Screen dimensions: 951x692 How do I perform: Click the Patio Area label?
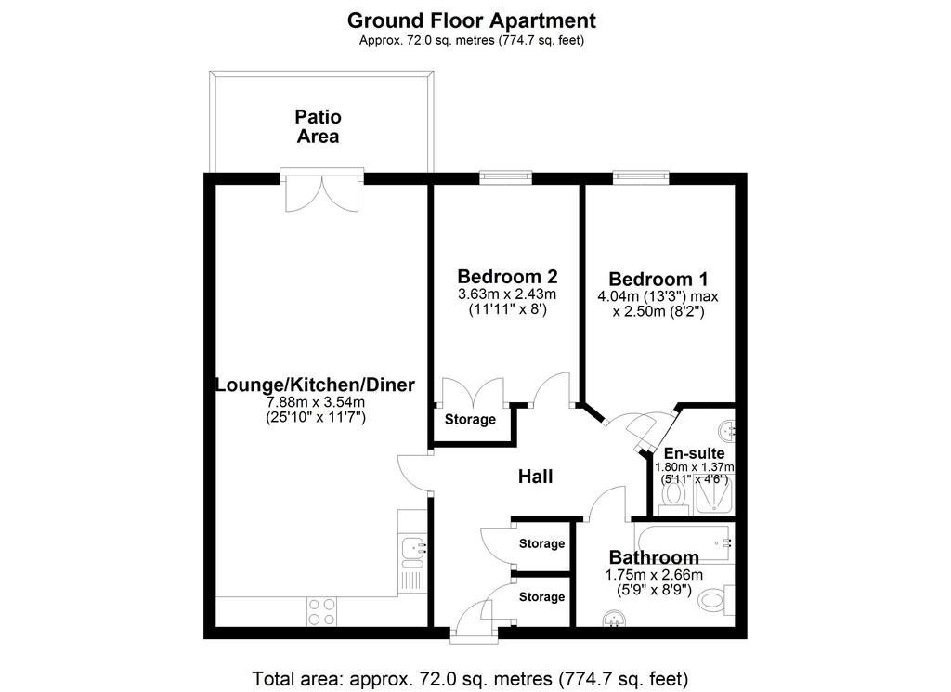tap(318, 126)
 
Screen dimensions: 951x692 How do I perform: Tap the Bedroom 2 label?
tap(507, 277)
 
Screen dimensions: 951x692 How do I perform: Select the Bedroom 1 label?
tap(658, 279)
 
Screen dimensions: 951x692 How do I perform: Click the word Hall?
tap(535, 477)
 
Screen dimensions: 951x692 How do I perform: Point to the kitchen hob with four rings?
tap(321, 611)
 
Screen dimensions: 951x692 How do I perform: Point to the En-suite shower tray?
tap(714, 495)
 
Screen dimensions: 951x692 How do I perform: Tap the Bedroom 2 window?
tap(506, 177)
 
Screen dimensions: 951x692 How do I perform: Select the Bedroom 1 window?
tap(641, 177)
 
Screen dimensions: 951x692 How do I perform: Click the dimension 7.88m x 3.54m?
tap(316, 402)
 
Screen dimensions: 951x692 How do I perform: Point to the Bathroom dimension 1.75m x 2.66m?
tap(655, 575)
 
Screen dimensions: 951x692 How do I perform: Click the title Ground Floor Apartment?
tap(471, 20)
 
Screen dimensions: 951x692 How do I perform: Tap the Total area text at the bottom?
tap(470, 678)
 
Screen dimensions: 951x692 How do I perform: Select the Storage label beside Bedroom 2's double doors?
tap(470, 419)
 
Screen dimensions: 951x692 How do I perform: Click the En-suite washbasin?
tap(726, 431)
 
